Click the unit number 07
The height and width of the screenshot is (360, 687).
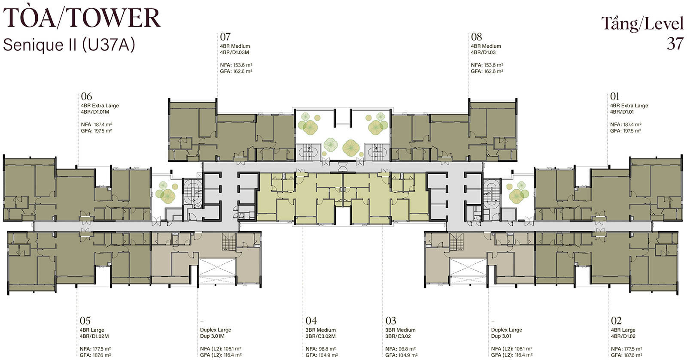point(225,37)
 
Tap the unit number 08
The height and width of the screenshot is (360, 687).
point(476,37)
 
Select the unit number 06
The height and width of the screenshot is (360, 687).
point(86,96)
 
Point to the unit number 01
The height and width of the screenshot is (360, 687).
point(614,96)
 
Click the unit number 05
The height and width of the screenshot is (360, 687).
point(85,321)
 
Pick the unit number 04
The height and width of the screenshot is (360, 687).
point(311,321)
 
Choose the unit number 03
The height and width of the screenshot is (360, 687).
point(391,321)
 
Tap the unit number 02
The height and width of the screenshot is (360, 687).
point(616,321)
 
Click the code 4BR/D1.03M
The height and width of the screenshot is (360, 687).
point(234,52)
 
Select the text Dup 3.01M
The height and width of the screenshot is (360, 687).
point(213,336)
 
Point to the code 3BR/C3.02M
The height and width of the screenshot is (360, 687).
point(320,336)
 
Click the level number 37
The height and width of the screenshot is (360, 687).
point(675,44)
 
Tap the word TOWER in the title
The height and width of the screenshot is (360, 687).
point(114,18)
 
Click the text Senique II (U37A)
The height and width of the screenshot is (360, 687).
point(69,45)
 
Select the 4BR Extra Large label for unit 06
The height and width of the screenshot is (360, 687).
point(100,106)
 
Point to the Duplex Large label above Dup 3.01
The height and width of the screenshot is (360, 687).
point(506,330)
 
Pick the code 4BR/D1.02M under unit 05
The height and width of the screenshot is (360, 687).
point(94,336)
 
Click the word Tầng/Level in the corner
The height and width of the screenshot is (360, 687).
point(642,24)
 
